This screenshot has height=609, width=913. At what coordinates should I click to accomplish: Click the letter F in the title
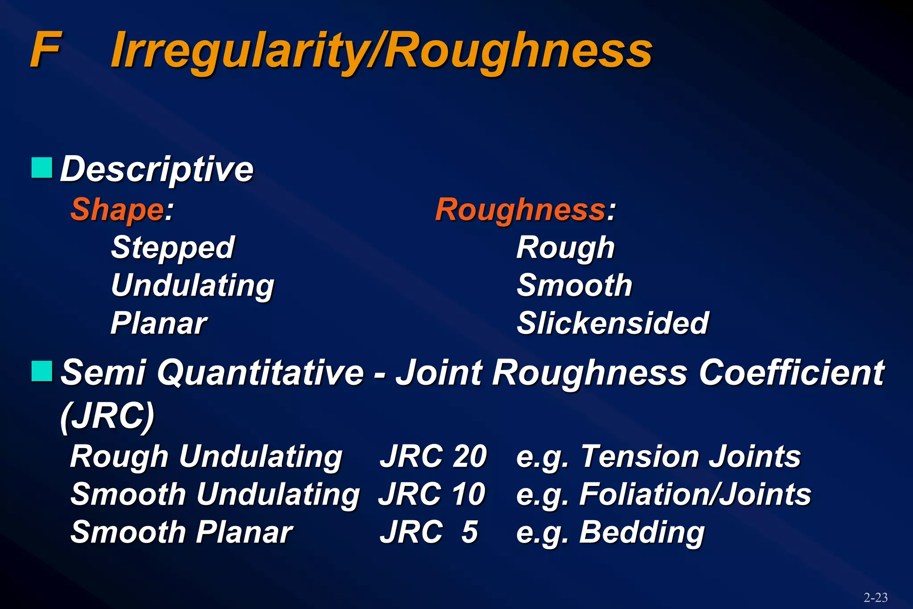coord(45,50)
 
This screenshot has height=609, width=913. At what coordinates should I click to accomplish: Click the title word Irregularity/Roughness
coord(382,51)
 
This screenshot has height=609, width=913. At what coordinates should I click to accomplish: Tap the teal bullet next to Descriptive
coord(42,168)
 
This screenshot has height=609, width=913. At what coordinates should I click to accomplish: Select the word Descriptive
coord(156,169)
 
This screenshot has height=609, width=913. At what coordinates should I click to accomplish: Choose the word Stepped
coord(173,247)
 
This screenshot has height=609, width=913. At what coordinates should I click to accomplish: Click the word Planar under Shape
coord(159,323)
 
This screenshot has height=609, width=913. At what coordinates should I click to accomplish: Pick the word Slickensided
coord(613,323)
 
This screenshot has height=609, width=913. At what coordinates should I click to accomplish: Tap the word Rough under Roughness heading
coord(565,247)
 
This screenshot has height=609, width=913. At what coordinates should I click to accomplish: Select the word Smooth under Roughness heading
coord(574,285)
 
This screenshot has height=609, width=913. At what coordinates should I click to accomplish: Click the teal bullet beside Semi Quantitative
coord(42,371)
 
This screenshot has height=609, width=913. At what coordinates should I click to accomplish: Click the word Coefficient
coord(791,373)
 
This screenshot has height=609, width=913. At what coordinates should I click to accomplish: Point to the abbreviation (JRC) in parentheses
coord(107,416)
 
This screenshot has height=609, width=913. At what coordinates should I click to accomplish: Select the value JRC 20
coord(433,457)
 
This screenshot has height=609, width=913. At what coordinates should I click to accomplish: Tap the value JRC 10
coord(432,494)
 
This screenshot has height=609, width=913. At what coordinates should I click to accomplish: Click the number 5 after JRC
coord(469,532)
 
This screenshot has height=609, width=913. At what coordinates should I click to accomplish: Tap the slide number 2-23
coord(875,597)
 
